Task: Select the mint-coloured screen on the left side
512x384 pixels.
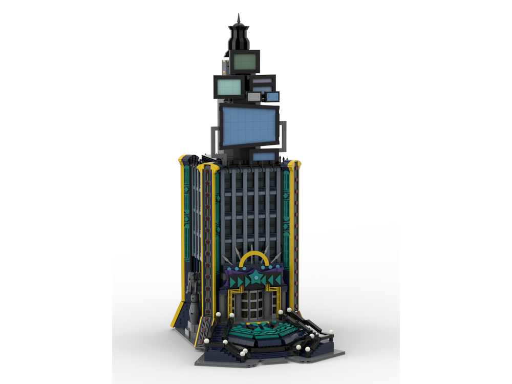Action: click(x=229, y=87)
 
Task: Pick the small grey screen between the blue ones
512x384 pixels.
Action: click(x=254, y=97)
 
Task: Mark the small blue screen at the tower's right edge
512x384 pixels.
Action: click(x=272, y=97)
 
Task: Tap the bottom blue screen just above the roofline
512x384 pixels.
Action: click(x=263, y=156)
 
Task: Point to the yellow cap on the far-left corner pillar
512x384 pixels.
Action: click(x=182, y=158)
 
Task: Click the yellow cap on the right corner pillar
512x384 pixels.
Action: click(x=294, y=164)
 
